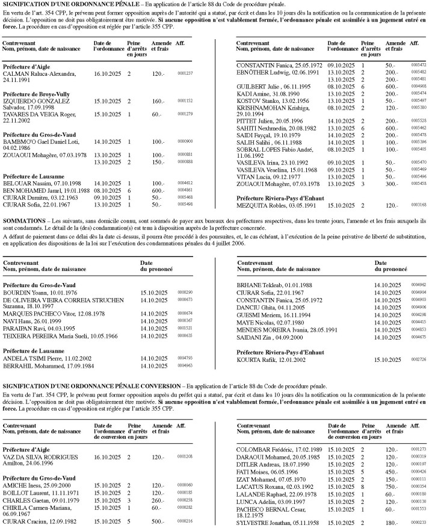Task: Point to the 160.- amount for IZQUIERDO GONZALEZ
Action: click(158, 101)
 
